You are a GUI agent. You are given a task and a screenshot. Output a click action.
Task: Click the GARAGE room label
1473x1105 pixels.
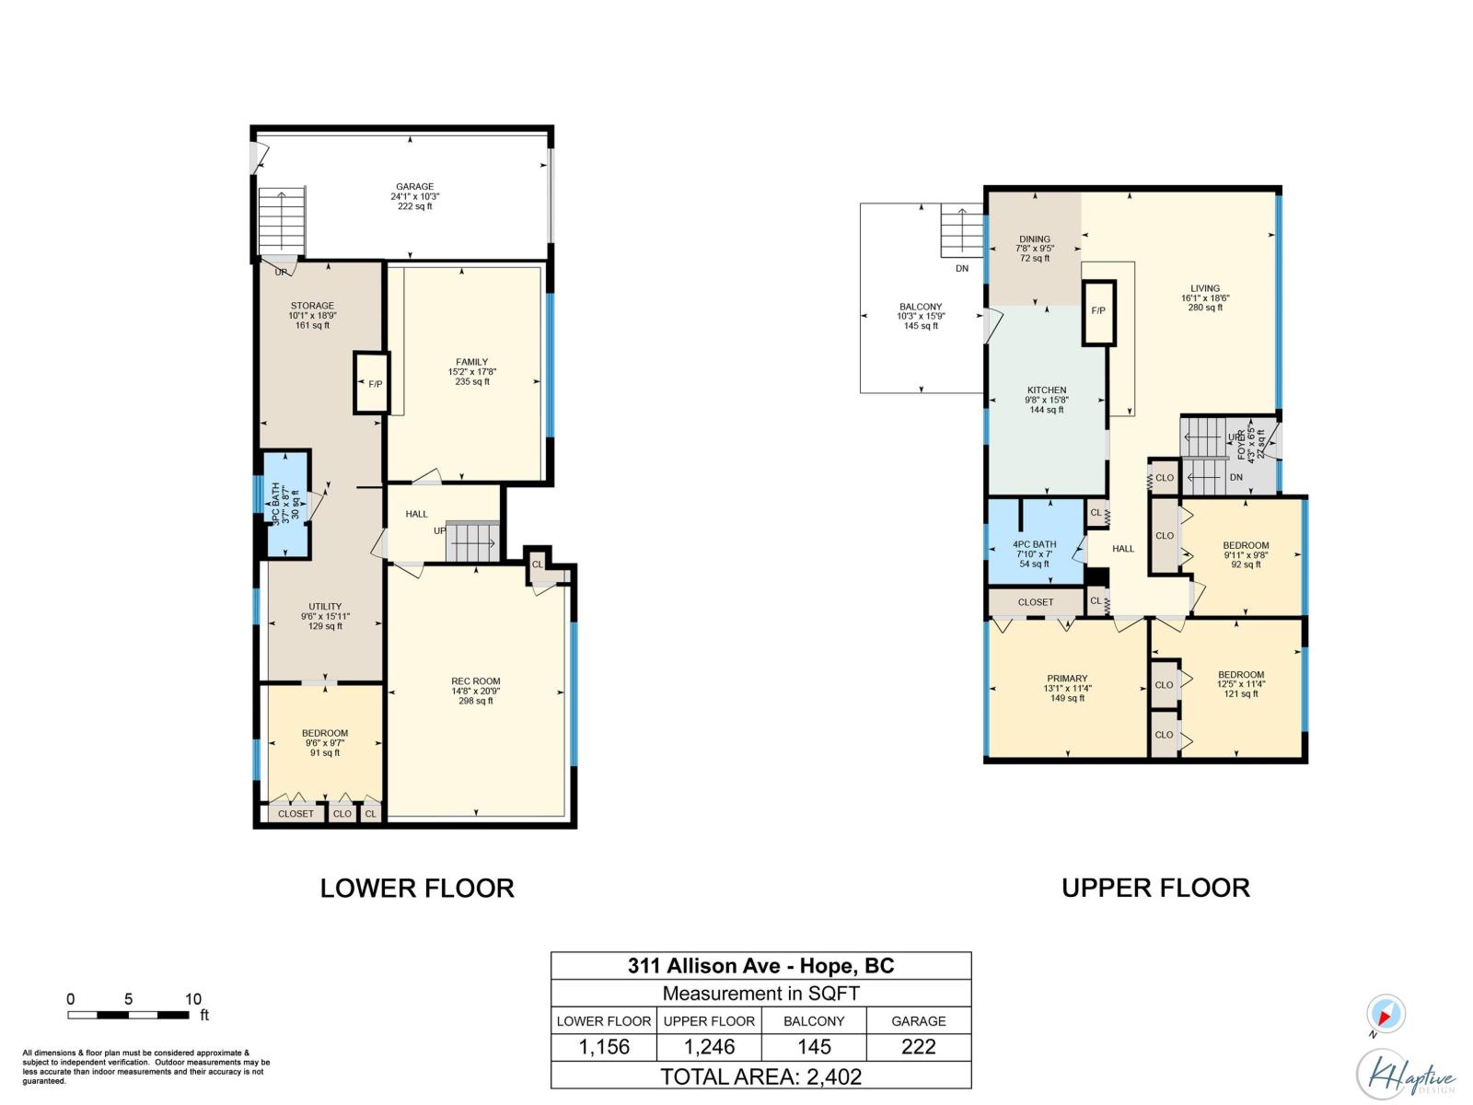pyautogui.click(x=414, y=187)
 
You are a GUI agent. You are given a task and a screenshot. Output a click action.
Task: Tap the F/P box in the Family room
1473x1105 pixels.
pyautogui.click(x=372, y=383)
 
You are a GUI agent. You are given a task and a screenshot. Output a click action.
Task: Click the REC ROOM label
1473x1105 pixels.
pyautogui.click(x=476, y=682)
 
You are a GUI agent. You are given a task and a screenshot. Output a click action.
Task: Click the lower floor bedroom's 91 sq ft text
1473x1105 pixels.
pyautogui.click(x=325, y=753)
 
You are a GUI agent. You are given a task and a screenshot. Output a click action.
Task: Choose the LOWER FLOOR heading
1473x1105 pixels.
pyautogui.click(x=417, y=889)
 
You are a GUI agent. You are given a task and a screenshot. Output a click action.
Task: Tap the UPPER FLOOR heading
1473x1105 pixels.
pyautogui.click(x=1155, y=889)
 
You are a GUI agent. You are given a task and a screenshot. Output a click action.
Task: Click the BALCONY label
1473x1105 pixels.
pyautogui.click(x=921, y=308)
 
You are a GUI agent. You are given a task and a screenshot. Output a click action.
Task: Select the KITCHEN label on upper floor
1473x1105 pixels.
pyautogui.click(x=1047, y=390)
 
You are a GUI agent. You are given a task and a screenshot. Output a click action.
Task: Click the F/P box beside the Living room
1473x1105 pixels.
pyautogui.click(x=1098, y=311)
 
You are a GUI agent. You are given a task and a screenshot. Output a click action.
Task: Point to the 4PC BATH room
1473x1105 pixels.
pyautogui.click(x=1035, y=543)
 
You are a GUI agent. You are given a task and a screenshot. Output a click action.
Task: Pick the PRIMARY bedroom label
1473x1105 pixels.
pyautogui.click(x=1067, y=679)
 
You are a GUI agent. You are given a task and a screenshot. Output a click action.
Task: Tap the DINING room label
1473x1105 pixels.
pyautogui.click(x=1035, y=239)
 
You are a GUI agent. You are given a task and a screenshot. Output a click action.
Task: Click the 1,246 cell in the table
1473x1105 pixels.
pyautogui.click(x=709, y=1047)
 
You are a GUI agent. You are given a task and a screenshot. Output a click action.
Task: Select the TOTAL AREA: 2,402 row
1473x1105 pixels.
pyautogui.click(x=760, y=1076)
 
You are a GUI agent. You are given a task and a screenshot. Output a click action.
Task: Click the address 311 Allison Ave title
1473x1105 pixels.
pyautogui.click(x=760, y=966)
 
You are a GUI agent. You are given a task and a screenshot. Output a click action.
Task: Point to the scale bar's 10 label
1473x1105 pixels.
pyautogui.click(x=192, y=999)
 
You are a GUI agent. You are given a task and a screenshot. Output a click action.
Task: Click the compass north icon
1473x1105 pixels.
pyautogui.click(x=1385, y=1015)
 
